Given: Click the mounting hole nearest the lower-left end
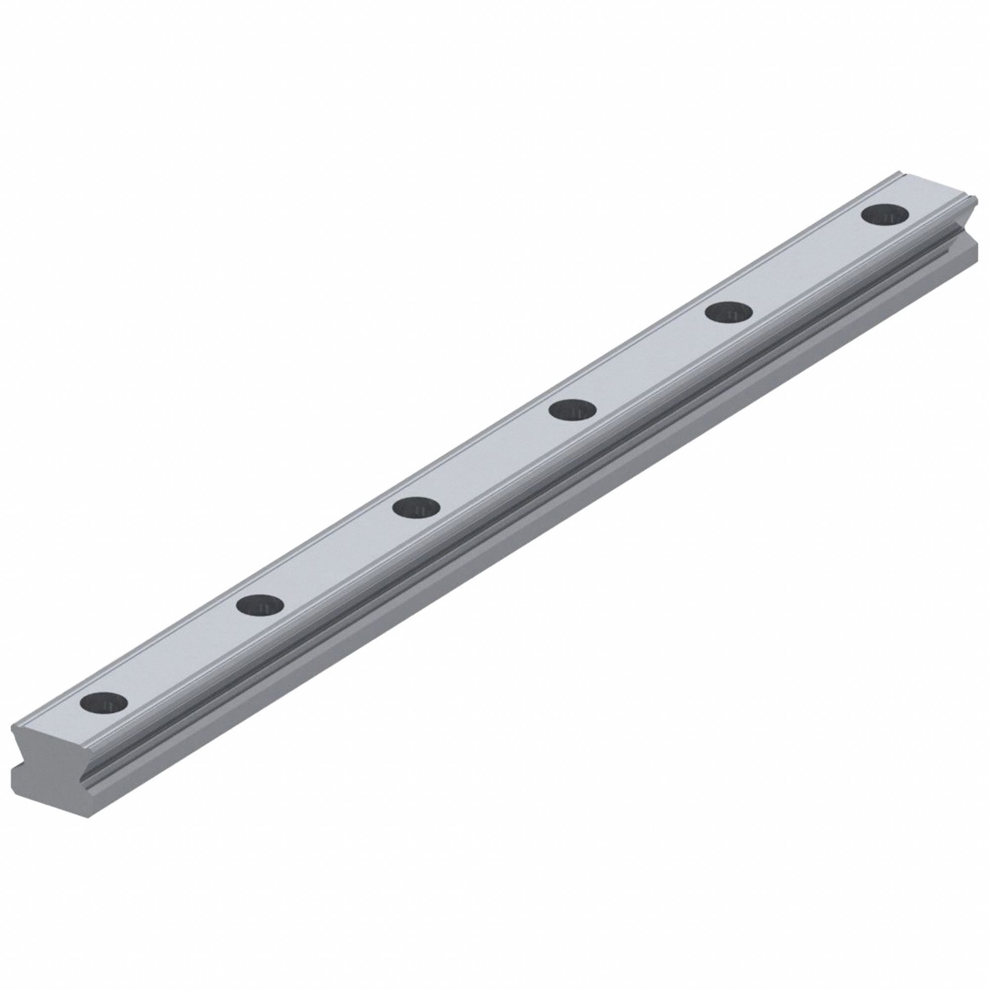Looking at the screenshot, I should pyautogui.click(x=104, y=702).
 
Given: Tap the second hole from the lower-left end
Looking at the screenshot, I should pyautogui.click(x=261, y=605).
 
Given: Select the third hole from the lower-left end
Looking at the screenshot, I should pyautogui.click(x=417, y=507).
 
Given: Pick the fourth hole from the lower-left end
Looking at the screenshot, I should pyautogui.click(x=572, y=410).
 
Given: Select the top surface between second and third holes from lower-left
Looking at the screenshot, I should pyautogui.click(x=338, y=556).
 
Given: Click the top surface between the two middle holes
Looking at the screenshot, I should pyautogui.click(x=494, y=459).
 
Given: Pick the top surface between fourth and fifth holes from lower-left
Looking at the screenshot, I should pyautogui.click(x=651, y=361).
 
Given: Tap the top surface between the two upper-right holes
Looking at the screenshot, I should pyautogui.click(x=807, y=264).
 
